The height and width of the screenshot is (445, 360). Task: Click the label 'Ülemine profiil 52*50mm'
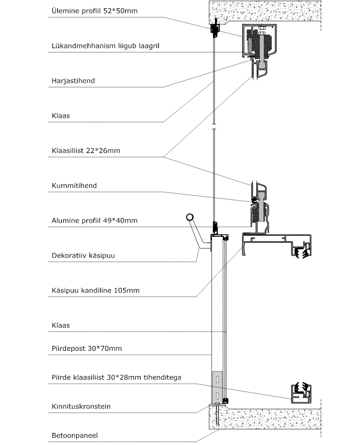(95, 11)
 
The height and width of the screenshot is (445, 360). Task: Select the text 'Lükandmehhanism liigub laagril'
(105, 46)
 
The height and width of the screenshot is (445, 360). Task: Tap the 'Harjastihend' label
(73, 81)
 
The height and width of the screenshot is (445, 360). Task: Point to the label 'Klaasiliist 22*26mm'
(86, 151)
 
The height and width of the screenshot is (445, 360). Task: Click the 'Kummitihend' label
(74, 185)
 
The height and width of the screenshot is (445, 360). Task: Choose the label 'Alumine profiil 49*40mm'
(95, 220)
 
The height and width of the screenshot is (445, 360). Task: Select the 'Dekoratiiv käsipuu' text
(83, 255)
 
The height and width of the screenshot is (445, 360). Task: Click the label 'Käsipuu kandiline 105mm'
(96, 290)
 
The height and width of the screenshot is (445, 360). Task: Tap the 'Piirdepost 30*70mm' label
(86, 348)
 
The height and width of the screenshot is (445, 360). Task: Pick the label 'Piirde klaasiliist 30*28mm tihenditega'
(116, 378)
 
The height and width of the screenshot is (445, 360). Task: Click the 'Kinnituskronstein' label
(81, 406)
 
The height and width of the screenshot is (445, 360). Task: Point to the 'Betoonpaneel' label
(75, 435)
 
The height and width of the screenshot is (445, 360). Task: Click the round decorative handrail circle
(190, 218)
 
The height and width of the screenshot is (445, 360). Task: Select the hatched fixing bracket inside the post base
(217, 387)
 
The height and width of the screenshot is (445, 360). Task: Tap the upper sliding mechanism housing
(259, 41)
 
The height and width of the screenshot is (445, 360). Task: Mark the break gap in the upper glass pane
(214, 127)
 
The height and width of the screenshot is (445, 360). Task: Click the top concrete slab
(265, 11)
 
